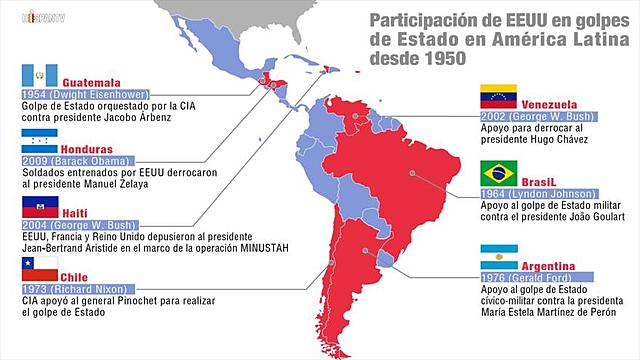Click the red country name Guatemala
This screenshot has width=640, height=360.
pos(93,81)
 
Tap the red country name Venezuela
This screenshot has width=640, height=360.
pos(556,103)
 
